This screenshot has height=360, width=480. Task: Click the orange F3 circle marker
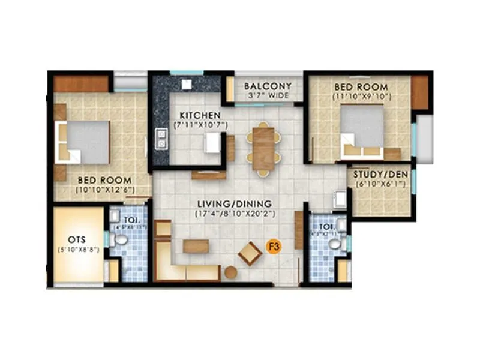coord(273,247)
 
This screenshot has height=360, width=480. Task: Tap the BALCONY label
coord(268,86)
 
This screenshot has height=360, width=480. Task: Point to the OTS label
coord(79,238)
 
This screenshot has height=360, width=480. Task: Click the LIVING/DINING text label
coord(234,203)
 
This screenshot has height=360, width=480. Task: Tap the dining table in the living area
coord(263,148)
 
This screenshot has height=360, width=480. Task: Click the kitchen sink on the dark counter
coord(161,139)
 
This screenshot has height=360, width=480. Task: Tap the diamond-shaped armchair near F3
coord(250,254)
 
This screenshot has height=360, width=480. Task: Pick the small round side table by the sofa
coord(231,272)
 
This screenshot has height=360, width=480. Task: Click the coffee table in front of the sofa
coord(196,246)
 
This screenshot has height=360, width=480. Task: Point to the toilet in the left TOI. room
coord(121,239)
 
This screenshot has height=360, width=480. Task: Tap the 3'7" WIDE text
coord(268,95)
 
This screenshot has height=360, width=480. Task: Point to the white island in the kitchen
coord(212,143)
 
